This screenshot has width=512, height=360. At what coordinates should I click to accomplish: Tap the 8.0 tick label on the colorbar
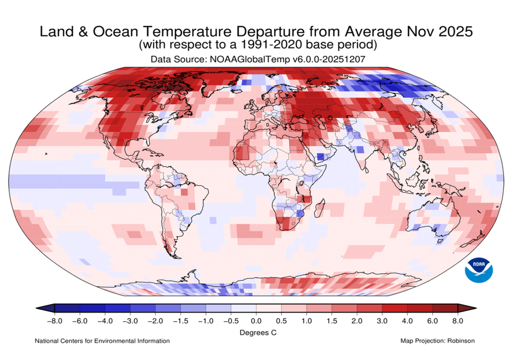pyautogui.click(x=457, y=320)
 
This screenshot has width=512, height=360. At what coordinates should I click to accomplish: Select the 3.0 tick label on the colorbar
pyautogui.click(x=382, y=320)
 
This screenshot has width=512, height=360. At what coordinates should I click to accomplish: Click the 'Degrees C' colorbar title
pyautogui.click(x=255, y=332)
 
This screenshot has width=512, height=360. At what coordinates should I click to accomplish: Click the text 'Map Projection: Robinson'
pyautogui.click(x=437, y=341)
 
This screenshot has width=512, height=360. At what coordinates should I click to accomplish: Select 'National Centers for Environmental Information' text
pyautogui.click(x=102, y=341)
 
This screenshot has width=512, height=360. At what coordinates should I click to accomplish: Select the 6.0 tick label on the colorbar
pyautogui.click(x=432, y=320)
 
